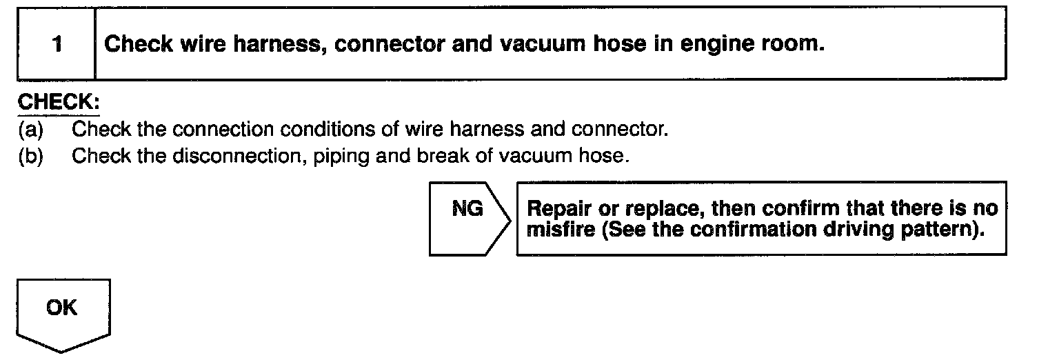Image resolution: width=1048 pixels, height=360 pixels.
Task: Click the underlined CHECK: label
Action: coord(59,102)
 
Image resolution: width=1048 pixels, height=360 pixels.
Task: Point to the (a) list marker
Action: coord(30,128)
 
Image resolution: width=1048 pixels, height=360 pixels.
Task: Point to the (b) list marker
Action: coord(30,157)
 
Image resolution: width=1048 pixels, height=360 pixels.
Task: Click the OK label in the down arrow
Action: coord(62,308)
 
